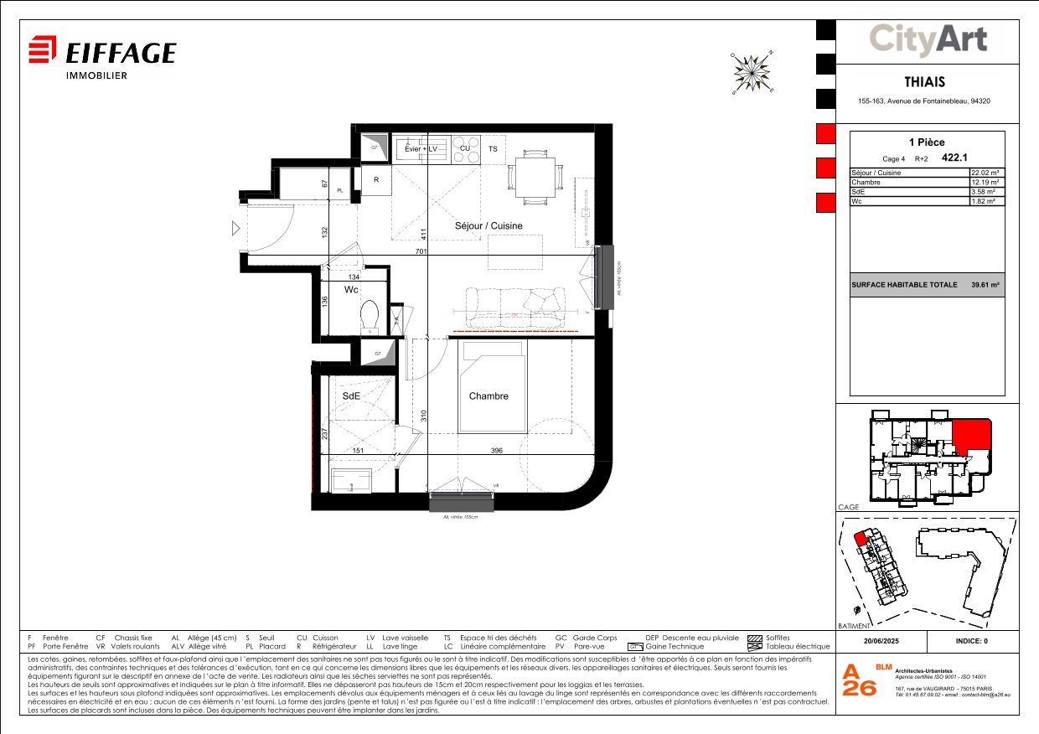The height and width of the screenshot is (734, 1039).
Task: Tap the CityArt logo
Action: tap(928, 39)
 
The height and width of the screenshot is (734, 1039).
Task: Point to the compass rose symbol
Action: tap(752, 72)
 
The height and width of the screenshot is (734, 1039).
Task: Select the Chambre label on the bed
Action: tap(488, 396)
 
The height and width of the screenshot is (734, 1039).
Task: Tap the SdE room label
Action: tap(351, 395)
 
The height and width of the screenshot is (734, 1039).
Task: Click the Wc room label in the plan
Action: tap(352, 289)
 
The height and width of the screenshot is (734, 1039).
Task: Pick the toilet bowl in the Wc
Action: tap(369, 316)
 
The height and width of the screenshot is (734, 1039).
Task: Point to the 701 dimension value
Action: tap(421, 251)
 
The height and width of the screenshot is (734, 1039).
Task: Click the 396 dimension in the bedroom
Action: tap(497, 452)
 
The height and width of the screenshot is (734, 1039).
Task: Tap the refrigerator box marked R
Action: tap(376, 179)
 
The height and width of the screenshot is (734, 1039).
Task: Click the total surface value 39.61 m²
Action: tap(985, 285)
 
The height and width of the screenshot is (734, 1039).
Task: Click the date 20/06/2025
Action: tap(881, 641)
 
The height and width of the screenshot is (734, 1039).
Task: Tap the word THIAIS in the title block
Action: tap(925, 82)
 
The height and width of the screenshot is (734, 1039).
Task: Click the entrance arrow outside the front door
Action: tap(236, 228)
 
